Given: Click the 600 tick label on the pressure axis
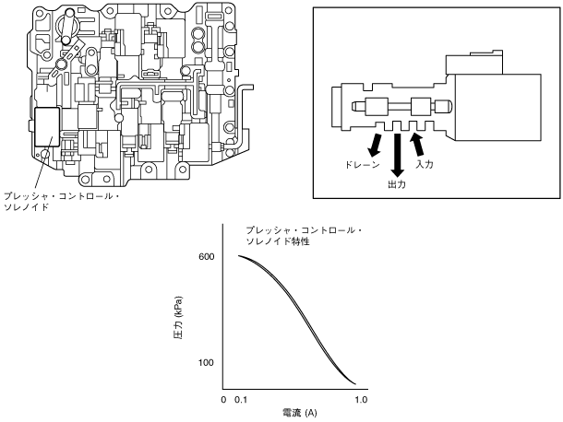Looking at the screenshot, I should (x=206, y=256).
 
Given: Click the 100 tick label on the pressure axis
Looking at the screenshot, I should (x=206, y=363).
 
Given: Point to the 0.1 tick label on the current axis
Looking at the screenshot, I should (x=243, y=401).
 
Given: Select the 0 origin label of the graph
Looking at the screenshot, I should (x=224, y=401).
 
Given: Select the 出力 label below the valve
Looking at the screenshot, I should (x=397, y=184).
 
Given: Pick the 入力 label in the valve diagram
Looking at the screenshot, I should (x=425, y=164).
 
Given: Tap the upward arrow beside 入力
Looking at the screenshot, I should (x=417, y=142).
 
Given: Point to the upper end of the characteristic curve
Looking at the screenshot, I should (x=240, y=255).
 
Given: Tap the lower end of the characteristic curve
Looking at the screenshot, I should (x=355, y=383).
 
